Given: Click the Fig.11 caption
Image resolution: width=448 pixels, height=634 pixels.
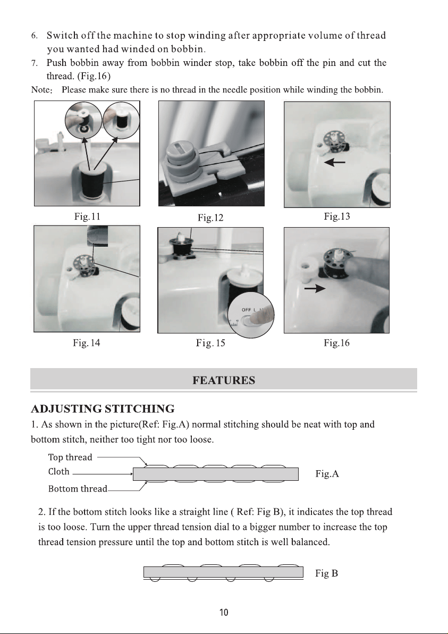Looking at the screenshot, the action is click(87, 216).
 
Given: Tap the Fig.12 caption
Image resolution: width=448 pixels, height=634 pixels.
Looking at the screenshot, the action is click(210, 218).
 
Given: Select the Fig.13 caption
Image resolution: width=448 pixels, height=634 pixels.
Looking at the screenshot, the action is click(337, 216).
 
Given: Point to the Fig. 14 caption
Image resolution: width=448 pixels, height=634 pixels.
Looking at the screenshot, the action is click(87, 343).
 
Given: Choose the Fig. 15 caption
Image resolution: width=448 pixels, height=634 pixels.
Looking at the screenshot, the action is click(210, 343).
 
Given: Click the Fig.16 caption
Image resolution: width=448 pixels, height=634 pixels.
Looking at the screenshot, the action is click(336, 343).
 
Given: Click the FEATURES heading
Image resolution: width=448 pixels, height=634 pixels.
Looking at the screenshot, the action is click(224, 380).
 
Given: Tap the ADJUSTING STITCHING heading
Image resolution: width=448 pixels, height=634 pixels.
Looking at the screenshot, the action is click(103, 409).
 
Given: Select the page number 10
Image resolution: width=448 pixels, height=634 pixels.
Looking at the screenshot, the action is click(224, 613).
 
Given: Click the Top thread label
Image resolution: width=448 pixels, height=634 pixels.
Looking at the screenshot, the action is click(70, 457).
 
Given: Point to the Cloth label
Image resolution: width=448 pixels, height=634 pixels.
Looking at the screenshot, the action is click(59, 472).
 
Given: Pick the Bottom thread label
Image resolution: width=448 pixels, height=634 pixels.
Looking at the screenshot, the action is click(78, 489).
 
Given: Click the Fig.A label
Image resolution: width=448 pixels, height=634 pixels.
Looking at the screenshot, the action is click(327, 473).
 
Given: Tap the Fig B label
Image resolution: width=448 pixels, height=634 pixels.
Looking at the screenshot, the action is click(326, 573).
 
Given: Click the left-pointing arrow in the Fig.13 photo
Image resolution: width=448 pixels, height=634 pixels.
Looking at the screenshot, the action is click(334, 163).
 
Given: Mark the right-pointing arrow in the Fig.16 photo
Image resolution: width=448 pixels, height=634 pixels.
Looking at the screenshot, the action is click(315, 288).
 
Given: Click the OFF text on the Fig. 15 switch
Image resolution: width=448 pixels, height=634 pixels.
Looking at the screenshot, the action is click(247, 310).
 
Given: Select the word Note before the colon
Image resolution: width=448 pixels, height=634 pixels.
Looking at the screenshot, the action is click(40, 90).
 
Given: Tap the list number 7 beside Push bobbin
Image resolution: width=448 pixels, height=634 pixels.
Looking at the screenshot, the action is click(35, 63).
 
